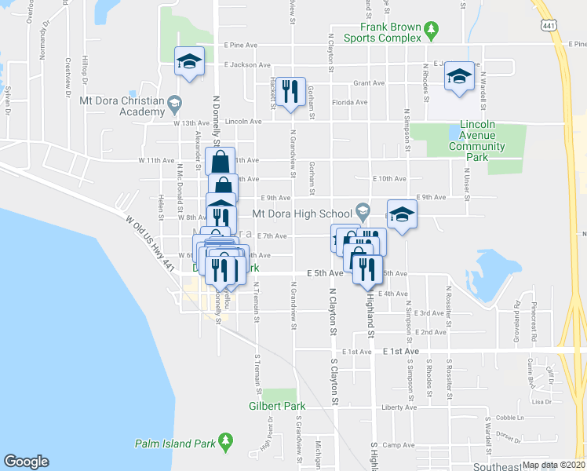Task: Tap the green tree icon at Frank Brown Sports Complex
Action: pyautogui.click(x=431, y=30)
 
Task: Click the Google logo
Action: pyautogui.click(x=26, y=462)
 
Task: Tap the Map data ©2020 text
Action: pyautogui.click(x=553, y=465)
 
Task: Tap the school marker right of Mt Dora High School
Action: pyautogui.click(x=402, y=214)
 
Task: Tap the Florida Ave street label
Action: pyautogui.click(x=349, y=102)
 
